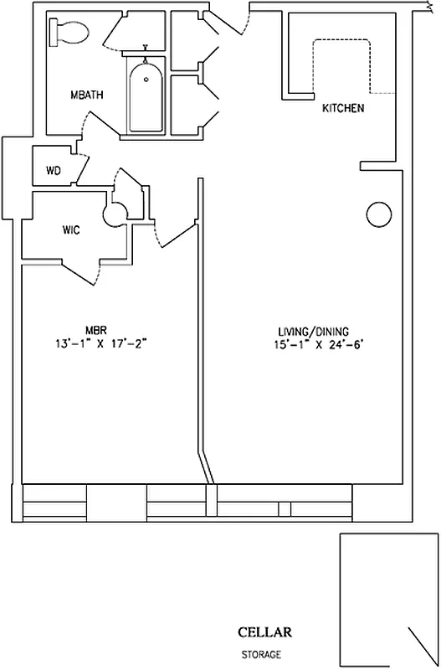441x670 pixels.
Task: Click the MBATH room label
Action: (87, 95)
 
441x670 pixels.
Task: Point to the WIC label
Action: (71, 230)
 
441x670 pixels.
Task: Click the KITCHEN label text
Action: (343, 109)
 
